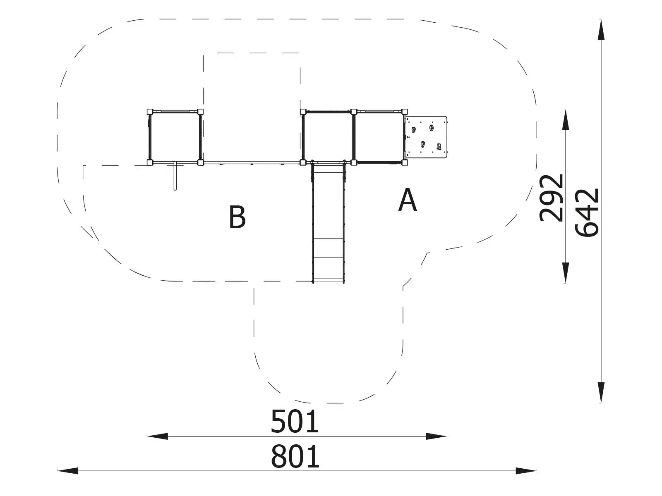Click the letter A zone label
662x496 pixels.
pos(408,200)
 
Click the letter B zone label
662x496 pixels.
pos(237,217)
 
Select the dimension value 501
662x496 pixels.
pos(294,421)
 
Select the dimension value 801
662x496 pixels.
pos(295,457)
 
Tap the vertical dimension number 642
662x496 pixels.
pos(587,212)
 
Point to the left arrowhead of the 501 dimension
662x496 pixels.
pos(158,436)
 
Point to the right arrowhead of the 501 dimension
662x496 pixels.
pos(437,436)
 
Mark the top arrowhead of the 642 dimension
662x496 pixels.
pos(601,29)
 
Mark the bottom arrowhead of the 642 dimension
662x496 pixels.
pos(601,393)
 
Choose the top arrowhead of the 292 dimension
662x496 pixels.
pos(566,119)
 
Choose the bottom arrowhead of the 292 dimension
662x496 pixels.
pos(566,273)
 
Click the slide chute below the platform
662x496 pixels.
pos(328,223)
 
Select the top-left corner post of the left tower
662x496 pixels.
pos(150,112)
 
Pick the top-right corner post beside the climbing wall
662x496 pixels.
pos(404,112)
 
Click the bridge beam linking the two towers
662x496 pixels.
pos(252,162)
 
